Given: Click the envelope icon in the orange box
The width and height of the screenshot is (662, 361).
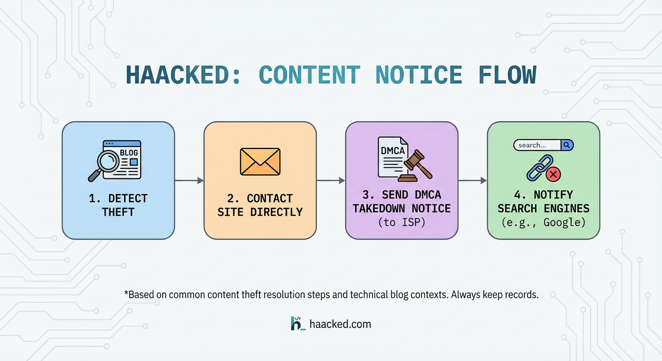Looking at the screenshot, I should [260, 162].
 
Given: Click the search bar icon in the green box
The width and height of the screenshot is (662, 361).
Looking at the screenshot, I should [543, 145].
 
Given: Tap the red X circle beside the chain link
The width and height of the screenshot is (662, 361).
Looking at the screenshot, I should [554, 174].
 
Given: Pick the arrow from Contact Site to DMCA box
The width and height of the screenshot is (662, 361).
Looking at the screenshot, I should [331, 180].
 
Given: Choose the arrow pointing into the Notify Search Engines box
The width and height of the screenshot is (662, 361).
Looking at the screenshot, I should [473, 180].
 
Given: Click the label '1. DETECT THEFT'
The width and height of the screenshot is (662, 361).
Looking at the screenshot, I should [118, 205].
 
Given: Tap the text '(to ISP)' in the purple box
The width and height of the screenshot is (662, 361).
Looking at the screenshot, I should [402, 222].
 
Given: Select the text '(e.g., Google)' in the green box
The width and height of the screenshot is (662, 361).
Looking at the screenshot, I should [544, 222].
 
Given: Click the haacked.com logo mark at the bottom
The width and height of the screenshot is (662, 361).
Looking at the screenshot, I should [298, 323].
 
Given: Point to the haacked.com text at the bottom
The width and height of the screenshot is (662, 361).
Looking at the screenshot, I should [340, 324].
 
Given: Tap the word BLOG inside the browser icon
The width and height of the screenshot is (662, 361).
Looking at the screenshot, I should [129, 152].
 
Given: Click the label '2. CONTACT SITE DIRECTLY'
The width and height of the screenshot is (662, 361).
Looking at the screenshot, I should [260, 205].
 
